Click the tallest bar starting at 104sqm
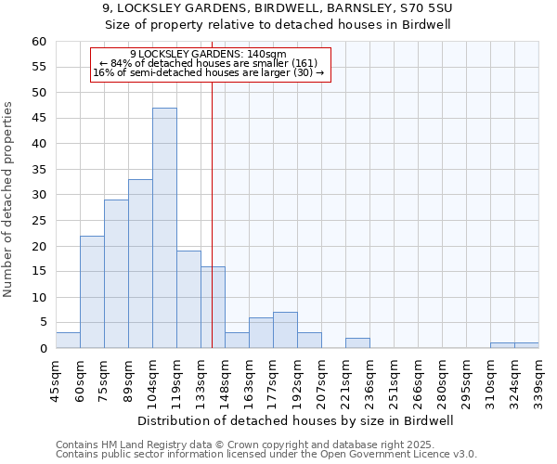click(164, 227)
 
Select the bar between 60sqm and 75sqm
click(92, 291)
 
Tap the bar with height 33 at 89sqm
click(140, 264)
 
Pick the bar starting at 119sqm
click(188, 299)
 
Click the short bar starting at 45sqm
click(68, 341)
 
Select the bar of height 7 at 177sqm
click(285, 330)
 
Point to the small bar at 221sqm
click(357, 343)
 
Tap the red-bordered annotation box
click(210, 64)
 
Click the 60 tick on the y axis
click(39, 42)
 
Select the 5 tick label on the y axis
click(43, 323)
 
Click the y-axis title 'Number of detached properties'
click(9, 200)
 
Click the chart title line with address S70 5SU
click(278, 8)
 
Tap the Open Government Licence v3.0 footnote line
click(266, 455)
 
